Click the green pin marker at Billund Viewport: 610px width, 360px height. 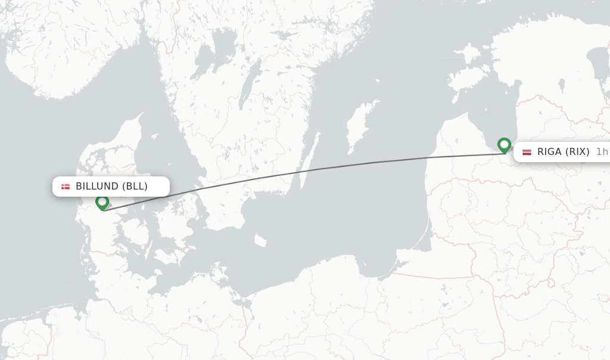click(102, 203)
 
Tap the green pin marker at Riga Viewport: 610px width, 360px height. click(505, 145)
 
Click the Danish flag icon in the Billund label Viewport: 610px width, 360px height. click(66, 187)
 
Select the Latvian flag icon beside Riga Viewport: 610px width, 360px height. click(527, 152)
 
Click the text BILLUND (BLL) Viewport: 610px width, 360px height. click(111, 187)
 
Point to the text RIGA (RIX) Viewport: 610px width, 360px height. click(563, 152)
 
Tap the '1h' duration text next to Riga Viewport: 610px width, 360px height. click(602, 152)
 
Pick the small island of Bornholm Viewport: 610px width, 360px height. click(260, 241)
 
